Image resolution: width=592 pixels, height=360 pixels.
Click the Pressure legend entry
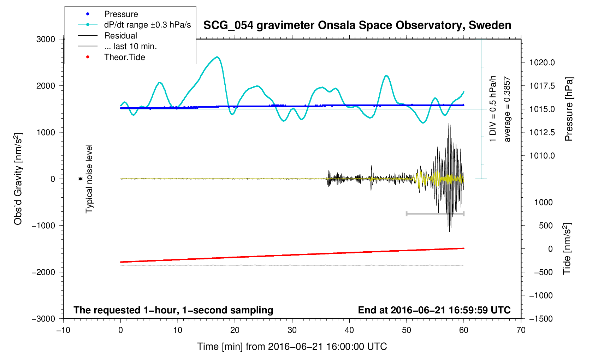point(121,14)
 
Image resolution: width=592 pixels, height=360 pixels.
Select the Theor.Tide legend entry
point(124,57)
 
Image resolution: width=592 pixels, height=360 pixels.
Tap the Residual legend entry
point(120,36)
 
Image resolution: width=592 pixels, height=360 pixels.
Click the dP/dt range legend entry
point(147,25)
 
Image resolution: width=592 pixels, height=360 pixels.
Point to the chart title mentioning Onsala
point(357,25)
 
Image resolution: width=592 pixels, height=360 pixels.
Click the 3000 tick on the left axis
point(46,39)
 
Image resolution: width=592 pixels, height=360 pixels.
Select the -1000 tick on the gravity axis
point(44,226)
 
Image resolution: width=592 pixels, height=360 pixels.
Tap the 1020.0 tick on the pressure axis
point(542,63)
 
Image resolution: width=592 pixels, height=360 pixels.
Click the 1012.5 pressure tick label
point(542,132)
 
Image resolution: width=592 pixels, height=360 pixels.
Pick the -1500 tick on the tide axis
point(541,319)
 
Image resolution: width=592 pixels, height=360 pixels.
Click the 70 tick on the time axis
point(521,330)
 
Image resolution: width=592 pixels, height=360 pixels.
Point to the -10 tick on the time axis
point(63,330)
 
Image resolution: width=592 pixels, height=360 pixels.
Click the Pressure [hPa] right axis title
point(568,109)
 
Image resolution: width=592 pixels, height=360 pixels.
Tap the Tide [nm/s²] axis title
point(567,248)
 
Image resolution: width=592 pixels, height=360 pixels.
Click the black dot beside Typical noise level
point(80,179)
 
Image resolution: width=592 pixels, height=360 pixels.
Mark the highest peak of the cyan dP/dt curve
point(217,57)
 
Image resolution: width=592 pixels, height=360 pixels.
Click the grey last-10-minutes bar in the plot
point(435,214)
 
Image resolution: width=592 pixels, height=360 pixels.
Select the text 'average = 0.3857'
point(507,109)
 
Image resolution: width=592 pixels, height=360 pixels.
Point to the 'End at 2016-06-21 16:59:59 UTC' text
point(434,310)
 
